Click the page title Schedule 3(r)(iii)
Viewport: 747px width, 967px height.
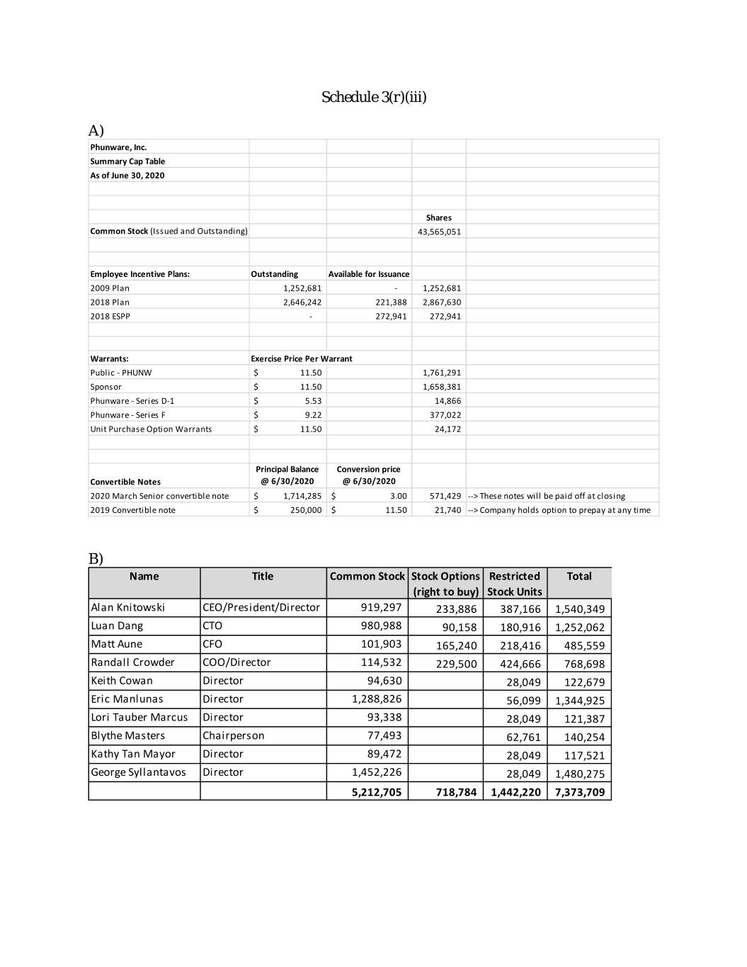click(x=374, y=97)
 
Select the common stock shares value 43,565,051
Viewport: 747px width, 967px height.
click(x=439, y=232)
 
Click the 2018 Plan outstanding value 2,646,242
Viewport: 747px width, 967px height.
click(x=302, y=302)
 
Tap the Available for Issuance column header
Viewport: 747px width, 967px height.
click(x=368, y=274)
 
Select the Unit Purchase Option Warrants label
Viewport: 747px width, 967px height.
click(x=151, y=429)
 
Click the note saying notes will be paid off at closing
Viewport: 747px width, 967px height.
click(x=546, y=496)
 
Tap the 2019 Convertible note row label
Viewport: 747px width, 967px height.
click(x=132, y=510)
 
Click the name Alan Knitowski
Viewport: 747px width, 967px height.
click(x=128, y=608)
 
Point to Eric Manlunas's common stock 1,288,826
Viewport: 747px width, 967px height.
click(x=377, y=699)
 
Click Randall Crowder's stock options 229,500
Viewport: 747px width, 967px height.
click(x=456, y=665)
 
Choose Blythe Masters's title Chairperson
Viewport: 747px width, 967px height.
click(x=234, y=736)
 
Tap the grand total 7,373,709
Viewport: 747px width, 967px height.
click(x=579, y=792)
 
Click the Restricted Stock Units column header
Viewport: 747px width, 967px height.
click(x=515, y=584)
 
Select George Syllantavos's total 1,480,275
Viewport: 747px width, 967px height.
click(x=579, y=774)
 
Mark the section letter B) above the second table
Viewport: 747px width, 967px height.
click(x=96, y=558)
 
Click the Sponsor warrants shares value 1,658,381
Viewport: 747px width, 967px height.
click(x=441, y=387)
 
